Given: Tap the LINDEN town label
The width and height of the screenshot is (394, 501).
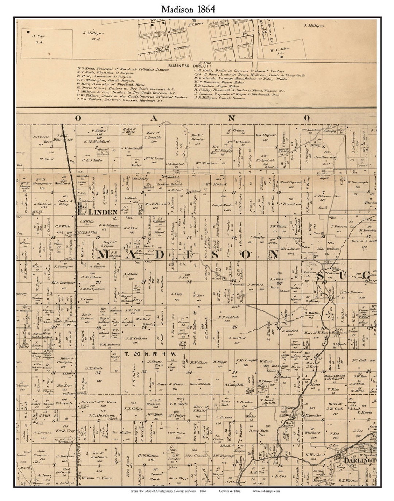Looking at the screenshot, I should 103,212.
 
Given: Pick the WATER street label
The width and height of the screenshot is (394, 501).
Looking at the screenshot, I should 162,48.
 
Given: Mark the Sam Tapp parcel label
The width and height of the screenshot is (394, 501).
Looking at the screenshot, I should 178,478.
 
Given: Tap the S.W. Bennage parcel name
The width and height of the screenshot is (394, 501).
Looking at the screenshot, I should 223,455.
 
